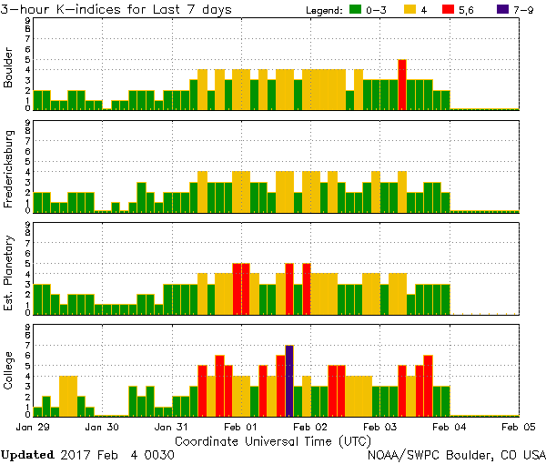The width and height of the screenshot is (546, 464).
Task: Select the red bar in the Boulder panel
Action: (402, 85)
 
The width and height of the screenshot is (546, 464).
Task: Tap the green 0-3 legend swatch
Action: (358, 10)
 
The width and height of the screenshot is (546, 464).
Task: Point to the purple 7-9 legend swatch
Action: (503, 10)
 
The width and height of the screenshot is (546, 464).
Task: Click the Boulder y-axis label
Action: (10, 68)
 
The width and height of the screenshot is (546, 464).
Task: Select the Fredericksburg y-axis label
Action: (10, 169)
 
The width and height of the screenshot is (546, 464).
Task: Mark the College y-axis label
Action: (10, 371)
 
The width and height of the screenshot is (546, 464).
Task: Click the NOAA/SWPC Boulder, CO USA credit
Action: (456, 454)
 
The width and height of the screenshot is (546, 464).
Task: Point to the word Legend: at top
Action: (322, 10)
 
